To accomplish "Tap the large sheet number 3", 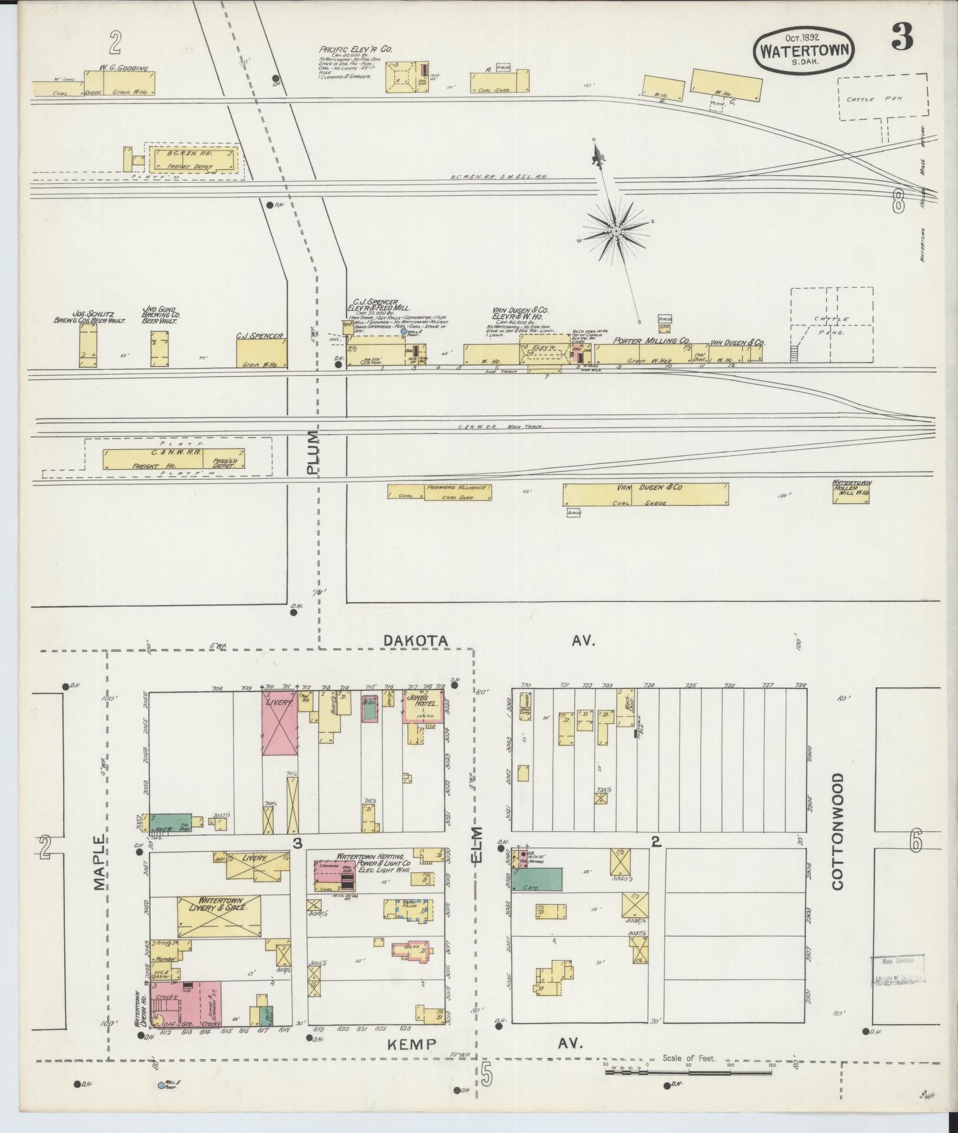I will [x=902, y=39].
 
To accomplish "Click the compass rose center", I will [x=616, y=231].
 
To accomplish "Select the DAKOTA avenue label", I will [x=415, y=640].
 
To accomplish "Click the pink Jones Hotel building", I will [x=421, y=706].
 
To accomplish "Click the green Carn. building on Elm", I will [x=537, y=895].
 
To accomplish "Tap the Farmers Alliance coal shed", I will [x=439, y=492].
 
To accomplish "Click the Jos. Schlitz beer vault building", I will [x=88, y=346].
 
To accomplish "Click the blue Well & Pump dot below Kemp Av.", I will [x=161, y=1085].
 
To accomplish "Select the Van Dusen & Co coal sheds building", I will [x=645, y=494].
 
